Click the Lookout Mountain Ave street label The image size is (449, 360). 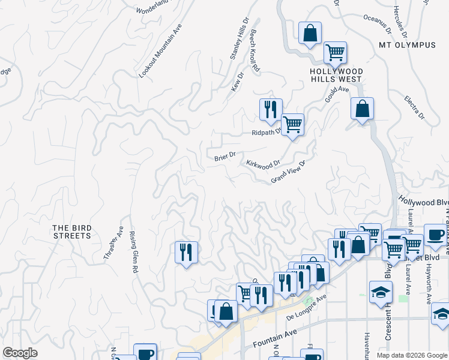(x=160, y=51)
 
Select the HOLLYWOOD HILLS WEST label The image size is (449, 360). (x=336, y=75)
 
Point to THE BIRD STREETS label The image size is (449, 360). (x=72, y=232)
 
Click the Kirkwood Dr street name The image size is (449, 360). (x=263, y=163)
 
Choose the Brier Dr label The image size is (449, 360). (x=224, y=157)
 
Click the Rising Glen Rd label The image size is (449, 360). (x=134, y=253)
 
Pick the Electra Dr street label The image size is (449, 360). (x=414, y=107)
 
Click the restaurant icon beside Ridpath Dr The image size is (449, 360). (x=271, y=109)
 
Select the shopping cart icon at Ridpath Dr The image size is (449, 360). (x=292, y=125)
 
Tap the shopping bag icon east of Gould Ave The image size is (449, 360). (x=362, y=109)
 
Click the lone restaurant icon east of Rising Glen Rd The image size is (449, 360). (x=186, y=251)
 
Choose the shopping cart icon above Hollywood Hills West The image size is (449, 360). (x=335, y=52)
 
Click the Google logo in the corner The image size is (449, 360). (x=20, y=353)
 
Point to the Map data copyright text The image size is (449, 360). (x=412, y=355)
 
